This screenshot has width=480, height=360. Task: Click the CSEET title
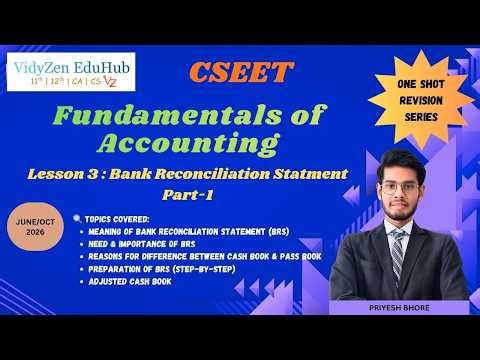tap(241, 74)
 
